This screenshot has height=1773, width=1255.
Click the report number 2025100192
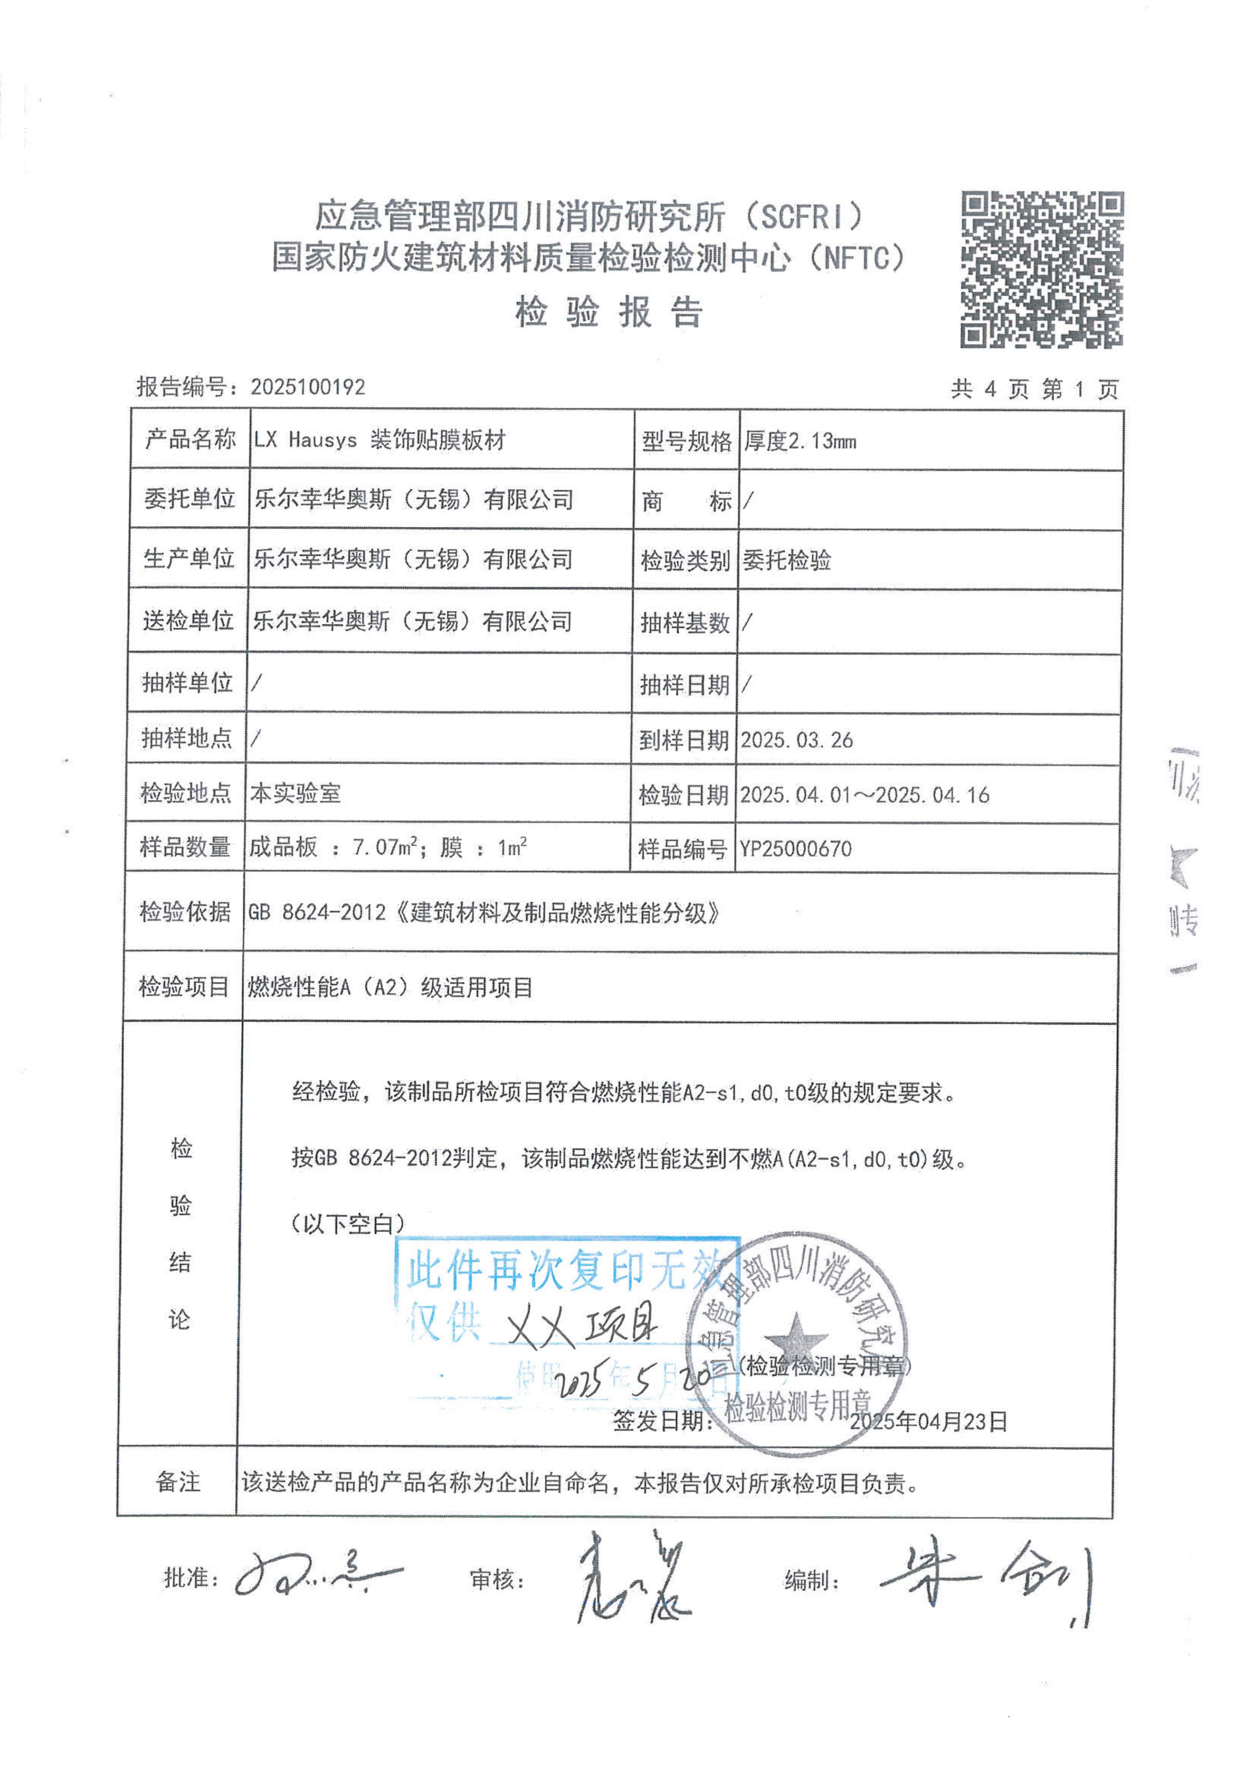click(308, 387)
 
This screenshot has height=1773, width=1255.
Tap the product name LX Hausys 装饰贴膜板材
click(380, 440)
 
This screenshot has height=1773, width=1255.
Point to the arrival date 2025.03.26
click(797, 740)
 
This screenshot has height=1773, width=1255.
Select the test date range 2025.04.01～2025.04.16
click(865, 795)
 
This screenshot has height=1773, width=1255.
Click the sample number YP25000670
click(796, 849)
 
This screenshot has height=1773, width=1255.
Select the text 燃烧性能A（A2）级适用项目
click(389, 988)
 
